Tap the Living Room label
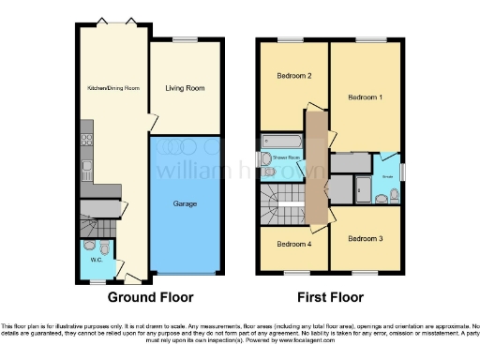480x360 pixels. click(x=185, y=88)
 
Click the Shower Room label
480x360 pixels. click(x=285, y=157)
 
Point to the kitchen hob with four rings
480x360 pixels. click(x=86, y=142)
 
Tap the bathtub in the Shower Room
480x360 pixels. click(x=280, y=142)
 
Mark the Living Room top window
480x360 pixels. click(x=185, y=40)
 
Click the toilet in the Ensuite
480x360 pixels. click(x=393, y=194)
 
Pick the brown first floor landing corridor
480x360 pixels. click(x=318, y=169)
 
